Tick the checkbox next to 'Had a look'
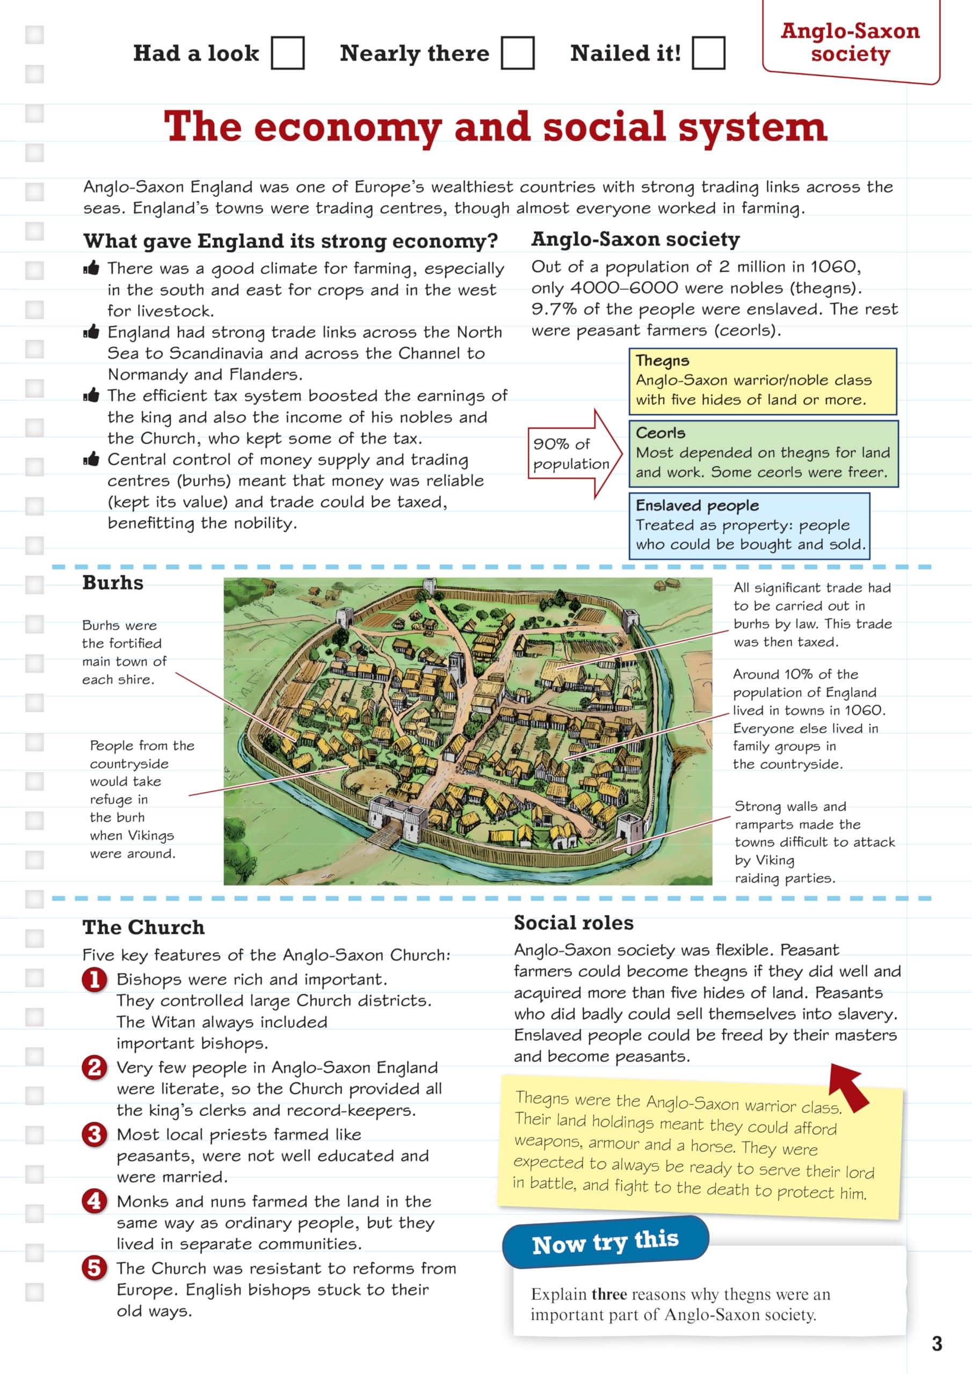287,53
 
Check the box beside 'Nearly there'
518,53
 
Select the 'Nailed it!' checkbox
708,53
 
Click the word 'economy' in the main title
348,127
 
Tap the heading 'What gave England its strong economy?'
291,240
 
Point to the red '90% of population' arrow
573,454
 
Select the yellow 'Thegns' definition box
763,381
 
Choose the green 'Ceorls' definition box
763,454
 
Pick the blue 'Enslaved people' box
749,525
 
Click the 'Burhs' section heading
113,583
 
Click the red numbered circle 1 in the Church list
95,980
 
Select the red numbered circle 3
95,1134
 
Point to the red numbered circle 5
95,1268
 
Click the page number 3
937,1343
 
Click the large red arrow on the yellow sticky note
849,1086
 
